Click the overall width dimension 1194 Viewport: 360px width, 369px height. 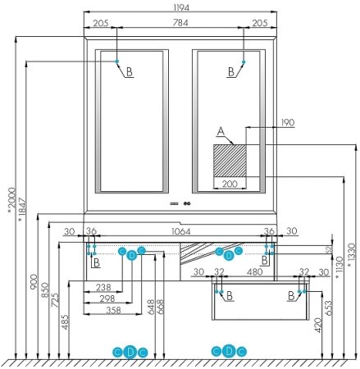[180, 7]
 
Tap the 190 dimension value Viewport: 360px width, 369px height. [287, 122]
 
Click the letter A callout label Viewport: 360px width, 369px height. [219, 131]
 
